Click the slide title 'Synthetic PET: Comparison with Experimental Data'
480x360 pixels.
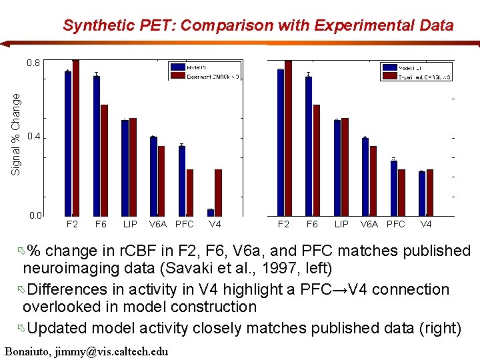coord(258,26)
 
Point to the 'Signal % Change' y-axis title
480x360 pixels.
coord(16,134)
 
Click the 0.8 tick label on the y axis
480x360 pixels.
coord(33,63)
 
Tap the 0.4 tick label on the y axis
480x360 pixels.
coord(33,137)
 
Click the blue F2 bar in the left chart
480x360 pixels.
coord(68,143)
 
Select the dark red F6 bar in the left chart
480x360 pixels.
coord(104,160)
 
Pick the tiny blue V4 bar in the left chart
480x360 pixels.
coord(211,213)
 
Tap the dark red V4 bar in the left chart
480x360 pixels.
coord(218,193)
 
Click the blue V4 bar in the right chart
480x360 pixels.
coord(422,193)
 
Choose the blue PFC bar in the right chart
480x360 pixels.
coord(394,188)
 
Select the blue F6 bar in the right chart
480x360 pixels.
coord(309,146)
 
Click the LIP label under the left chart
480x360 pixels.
coord(130,225)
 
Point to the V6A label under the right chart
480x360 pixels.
coord(369,225)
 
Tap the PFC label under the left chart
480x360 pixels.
coord(184,225)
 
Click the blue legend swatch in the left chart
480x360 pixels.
coord(177,67)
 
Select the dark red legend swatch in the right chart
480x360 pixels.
coord(388,77)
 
